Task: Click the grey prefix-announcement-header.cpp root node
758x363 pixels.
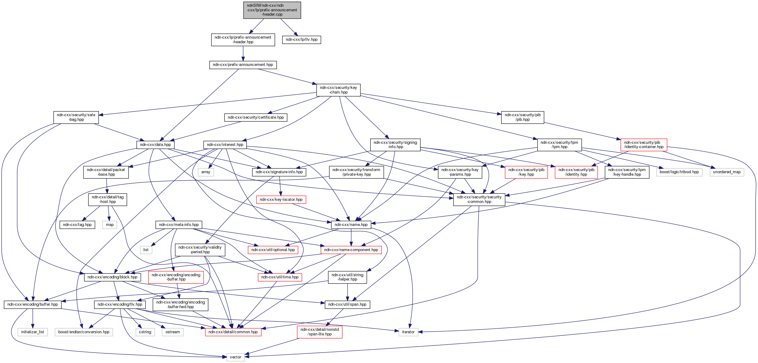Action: pyautogui.click(x=272, y=10)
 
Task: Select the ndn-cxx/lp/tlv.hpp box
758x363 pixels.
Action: pyautogui.click(x=301, y=40)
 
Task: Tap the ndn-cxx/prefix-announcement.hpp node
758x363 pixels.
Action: pyautogui.click(x=243, y=65)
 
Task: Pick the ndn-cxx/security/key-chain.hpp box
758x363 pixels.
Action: pyautogui.click(x=338, y=90)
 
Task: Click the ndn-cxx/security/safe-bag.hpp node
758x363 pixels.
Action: pyautogui.click(x=76, y=117)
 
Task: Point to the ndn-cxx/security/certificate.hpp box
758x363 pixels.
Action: pyautogui.click(x=256, y=117)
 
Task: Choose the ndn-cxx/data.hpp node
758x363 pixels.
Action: pyautogui.click(x=155, y=145)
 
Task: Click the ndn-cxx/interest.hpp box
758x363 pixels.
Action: pyautogui.click(x=225, y=145)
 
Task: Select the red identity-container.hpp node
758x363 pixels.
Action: pyautogui.click(x=643, y=145)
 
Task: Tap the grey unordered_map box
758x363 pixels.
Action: pyautogui.click(x=726, y=172)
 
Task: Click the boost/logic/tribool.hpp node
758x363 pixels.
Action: pyautogui.click(x=679, y=172)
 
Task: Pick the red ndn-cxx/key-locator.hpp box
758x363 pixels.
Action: pyautogui.click(x=281, y=200)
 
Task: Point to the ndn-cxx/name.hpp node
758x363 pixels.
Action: pyautogui.click(x=351, y=225)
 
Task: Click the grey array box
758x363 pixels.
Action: pyautogui.click(x=206, y=172)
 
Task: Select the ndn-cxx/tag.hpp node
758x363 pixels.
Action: pyautogui.click(x=77, y=225)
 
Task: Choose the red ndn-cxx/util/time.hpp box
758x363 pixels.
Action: pyautogui.click(x=280, y=277)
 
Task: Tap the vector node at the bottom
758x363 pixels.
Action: pyautogui.click(x=235, y=357)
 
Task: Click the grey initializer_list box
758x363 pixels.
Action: pyautogui.click(x=33, y=332)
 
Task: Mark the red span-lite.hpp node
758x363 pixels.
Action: pyautogui.click(x=319, y=332)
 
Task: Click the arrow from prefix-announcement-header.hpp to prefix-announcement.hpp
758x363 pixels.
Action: pyautogui.click(x=243, y=53)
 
